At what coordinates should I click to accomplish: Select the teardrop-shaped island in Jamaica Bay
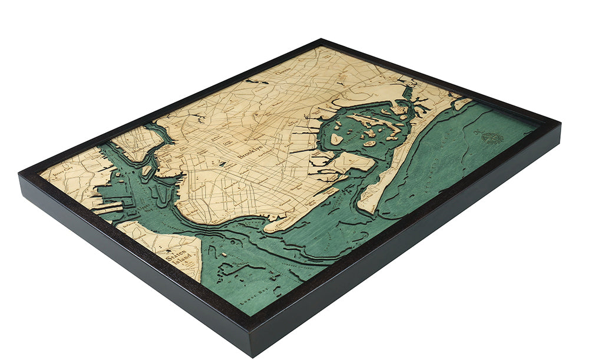tap(336, 140)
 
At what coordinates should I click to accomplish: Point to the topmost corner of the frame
tap(320, 40)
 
